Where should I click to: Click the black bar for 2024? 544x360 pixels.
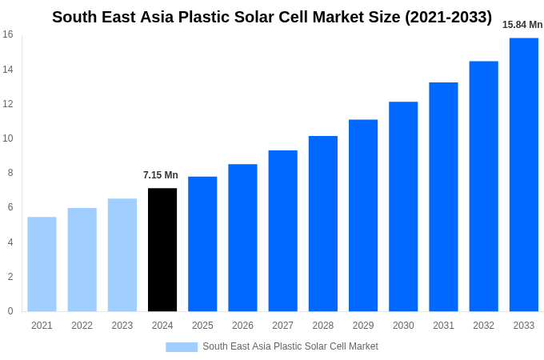(x=162, y=250)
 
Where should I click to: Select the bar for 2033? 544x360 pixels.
(x=524, y=174)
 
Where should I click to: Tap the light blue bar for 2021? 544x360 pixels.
(x=42, y=264)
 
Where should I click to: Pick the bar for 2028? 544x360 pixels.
(x=323, y=223)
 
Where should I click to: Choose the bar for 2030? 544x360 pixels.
(x=403, y=206)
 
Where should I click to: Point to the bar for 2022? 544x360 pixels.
(x=82, y=259)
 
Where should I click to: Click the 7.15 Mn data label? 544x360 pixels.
(x=161, y=175)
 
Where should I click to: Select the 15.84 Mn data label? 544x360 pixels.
(x=522, y=25)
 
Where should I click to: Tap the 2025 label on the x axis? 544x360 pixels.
(x=202, y=326)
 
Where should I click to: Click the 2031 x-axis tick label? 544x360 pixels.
(x=443, y=326)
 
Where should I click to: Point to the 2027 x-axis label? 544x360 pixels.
(x=282, y=326)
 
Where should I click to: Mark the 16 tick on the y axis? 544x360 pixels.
(x=8, y=34)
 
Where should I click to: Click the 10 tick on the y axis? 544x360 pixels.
(x=8, y=138)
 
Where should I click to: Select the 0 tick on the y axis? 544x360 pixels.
(x=10, y=311)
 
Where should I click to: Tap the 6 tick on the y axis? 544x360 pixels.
(x=10, y=207)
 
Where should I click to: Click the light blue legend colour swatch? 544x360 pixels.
(x=182, y=347)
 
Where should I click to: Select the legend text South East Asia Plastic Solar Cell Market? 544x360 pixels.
(x=290, y=346)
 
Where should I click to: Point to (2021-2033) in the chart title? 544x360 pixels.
(x=448, y=17)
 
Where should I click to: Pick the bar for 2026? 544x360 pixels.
(x=242, y=238)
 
